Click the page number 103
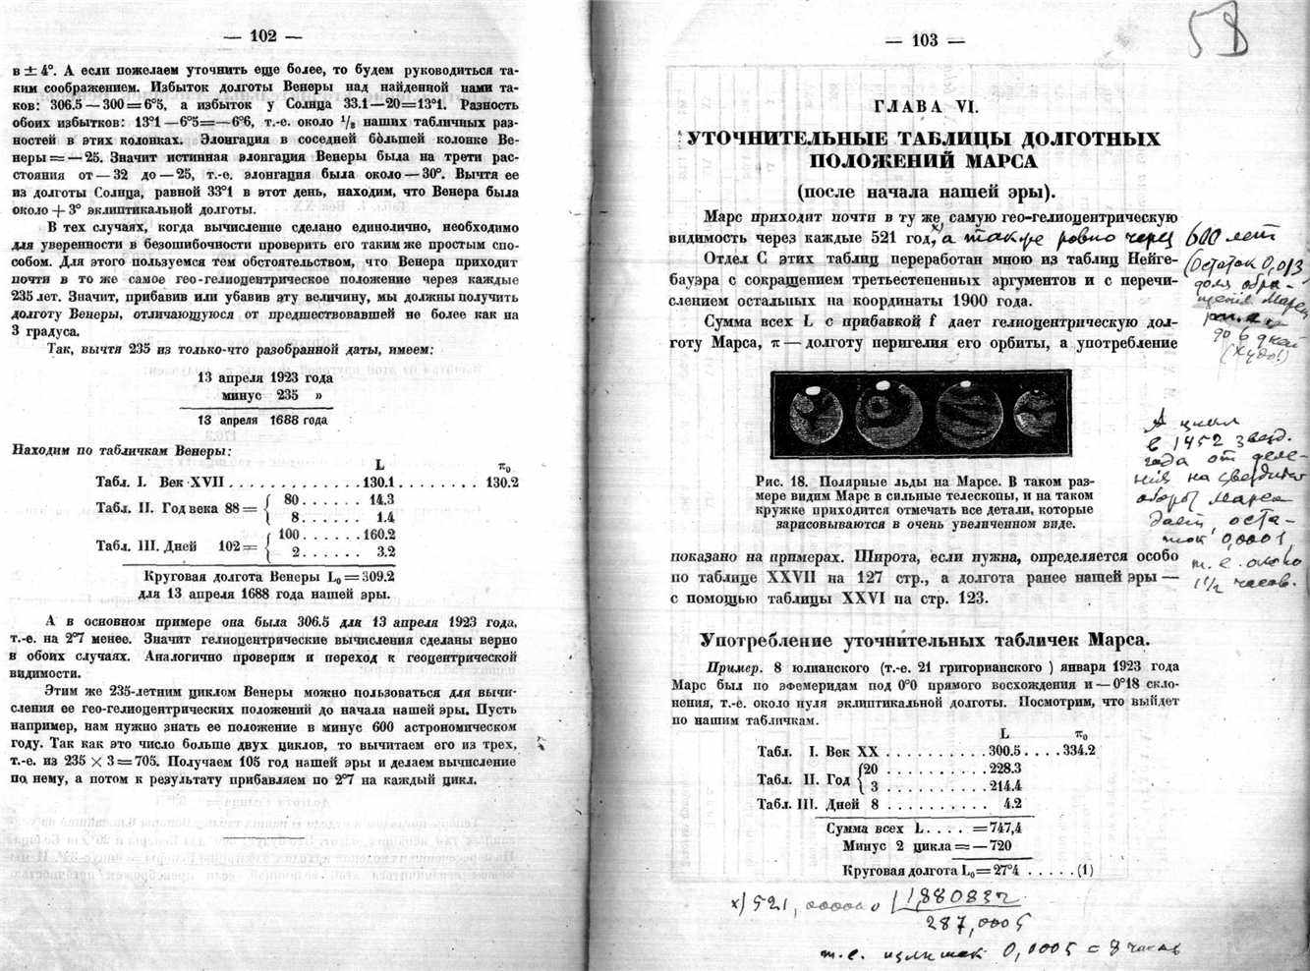tap(925, 40)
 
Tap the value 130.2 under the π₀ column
tap(501, 483)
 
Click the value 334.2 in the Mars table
tap(1079, 748)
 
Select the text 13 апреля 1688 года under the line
tap(262, 420)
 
